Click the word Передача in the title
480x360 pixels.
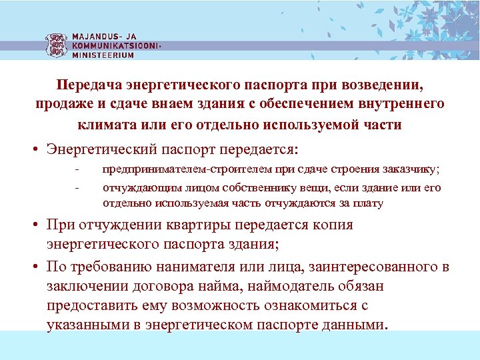pyautogui.click(x=89, y=86)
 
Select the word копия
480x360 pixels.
pyautogui.click(x=331, y=225)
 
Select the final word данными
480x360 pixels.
pyautogui.click(x=352, y=325)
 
